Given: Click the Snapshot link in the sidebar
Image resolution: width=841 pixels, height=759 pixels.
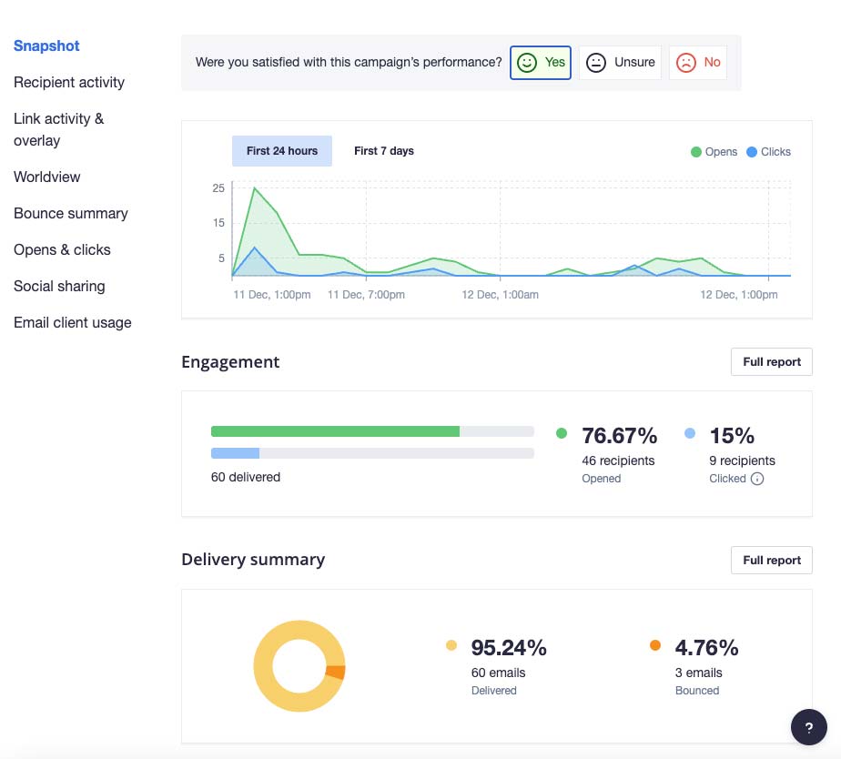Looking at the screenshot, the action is click(46, 46).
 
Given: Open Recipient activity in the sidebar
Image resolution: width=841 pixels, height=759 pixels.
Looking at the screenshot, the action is click(69, 82).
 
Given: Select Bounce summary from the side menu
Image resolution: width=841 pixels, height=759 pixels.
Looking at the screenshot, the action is click(71, 214).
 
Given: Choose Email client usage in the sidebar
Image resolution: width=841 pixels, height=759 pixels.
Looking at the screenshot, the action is click(73, 322).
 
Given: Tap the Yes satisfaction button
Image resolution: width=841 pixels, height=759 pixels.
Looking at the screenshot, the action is click(540, 63).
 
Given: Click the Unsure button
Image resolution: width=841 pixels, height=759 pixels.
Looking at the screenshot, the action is click(620, 63).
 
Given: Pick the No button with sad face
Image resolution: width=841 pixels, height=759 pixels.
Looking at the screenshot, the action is click(698, 63).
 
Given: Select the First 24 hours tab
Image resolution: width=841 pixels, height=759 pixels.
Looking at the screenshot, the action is click(282, 151).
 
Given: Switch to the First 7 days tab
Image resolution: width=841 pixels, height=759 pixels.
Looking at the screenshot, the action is click(384, 151).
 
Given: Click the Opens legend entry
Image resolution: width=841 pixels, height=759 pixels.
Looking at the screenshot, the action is click(714, 152).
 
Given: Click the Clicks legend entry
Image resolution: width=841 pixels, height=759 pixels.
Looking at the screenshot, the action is click(768, 152).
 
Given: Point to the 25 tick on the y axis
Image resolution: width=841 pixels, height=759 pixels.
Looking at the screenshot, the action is click(218, 187).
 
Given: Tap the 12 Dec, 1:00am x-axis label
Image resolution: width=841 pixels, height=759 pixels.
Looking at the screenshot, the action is click(500, 295).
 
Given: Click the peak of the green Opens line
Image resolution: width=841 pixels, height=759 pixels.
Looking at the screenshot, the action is click(254, 187).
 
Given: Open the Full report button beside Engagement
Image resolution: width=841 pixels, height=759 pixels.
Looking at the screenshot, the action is click(771, 362).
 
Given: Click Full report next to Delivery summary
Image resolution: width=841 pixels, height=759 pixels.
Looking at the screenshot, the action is click(771, 561).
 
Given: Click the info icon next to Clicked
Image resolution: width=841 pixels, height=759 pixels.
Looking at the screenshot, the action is click(756, 479).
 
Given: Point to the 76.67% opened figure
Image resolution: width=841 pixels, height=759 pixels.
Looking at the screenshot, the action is click(620, 436).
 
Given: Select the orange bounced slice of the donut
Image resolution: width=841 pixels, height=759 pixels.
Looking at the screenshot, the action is click(336, 673).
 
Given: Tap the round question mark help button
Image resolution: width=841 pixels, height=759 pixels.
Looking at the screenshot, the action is click(809, 727).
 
